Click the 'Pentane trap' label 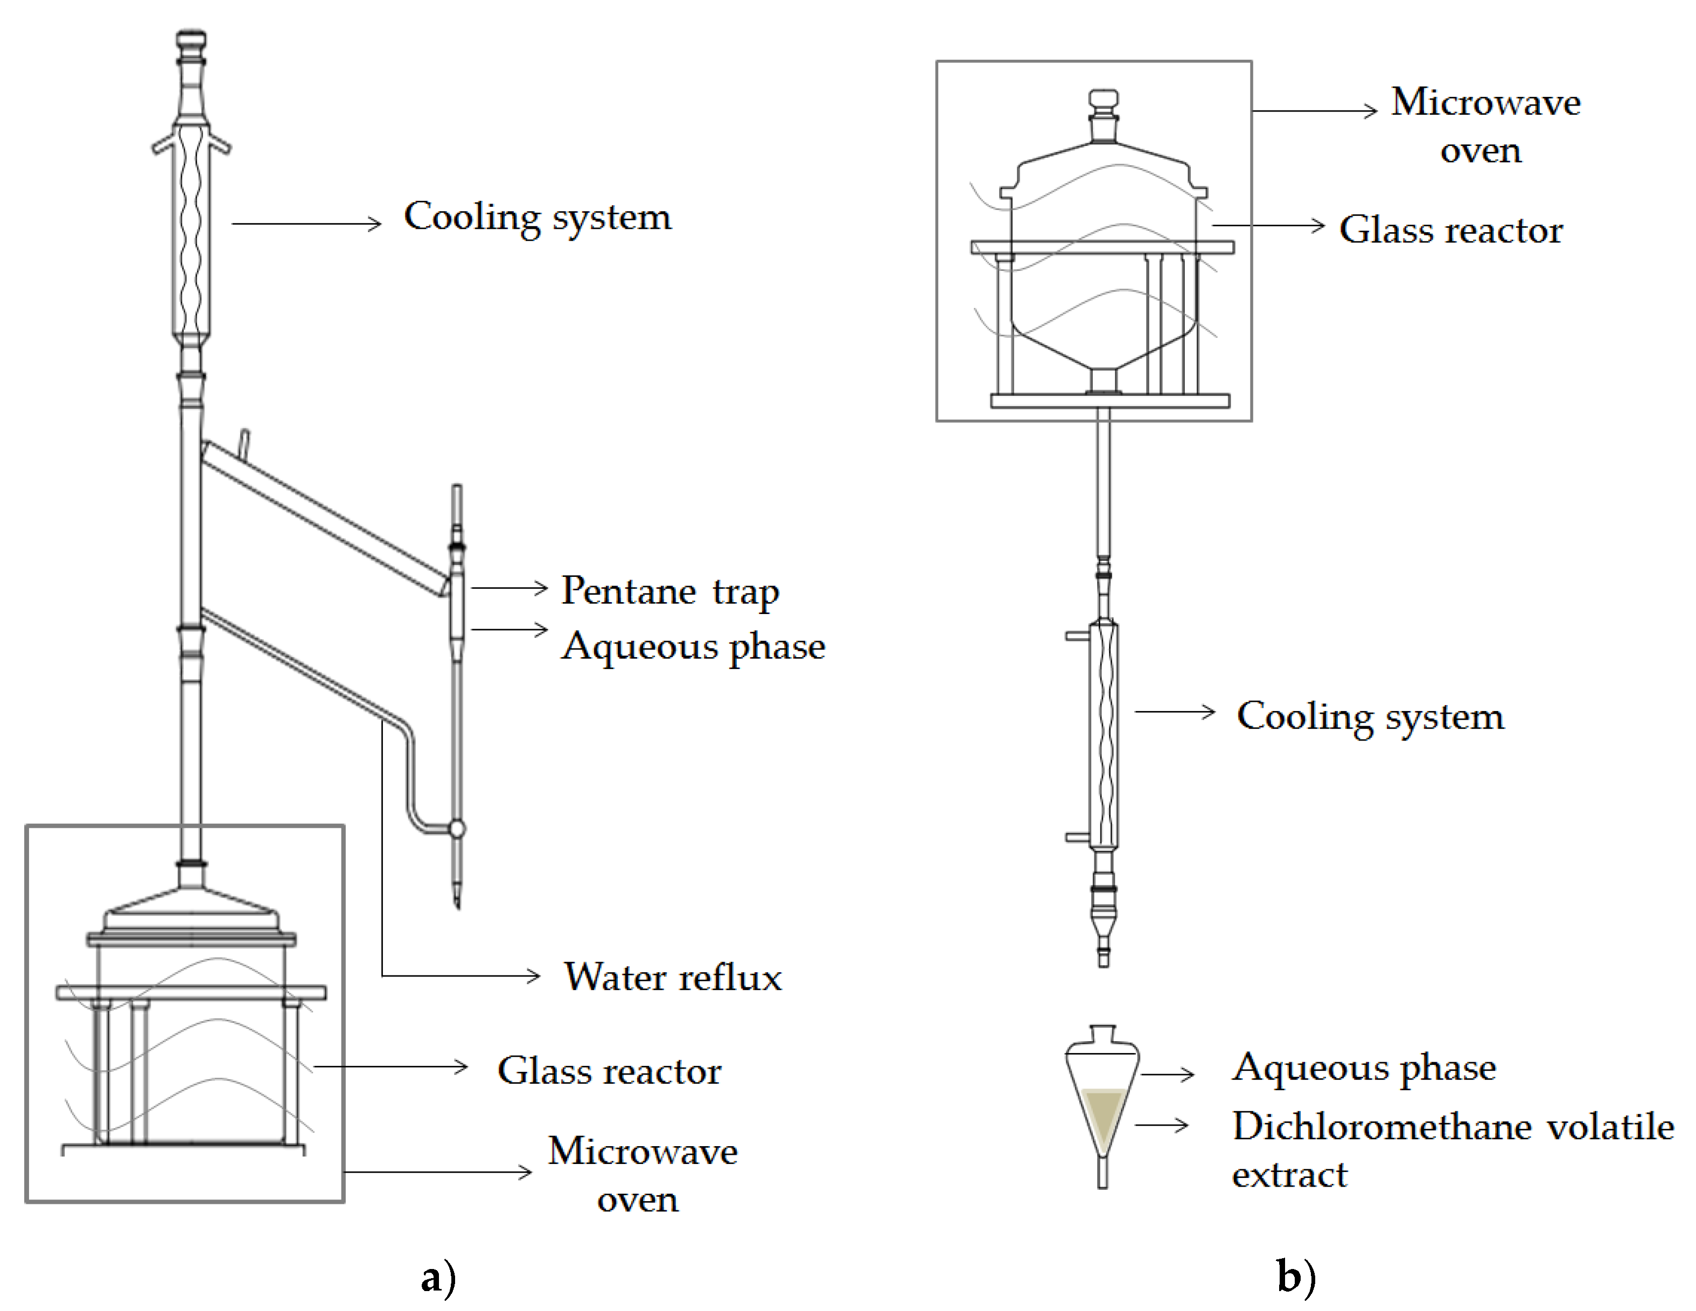[x=670, y=592]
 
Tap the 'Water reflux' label [x=673, y=977]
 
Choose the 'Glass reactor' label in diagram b [x=1450, y=230]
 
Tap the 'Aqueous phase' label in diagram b [x=1364, y=1069]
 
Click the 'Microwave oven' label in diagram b [x=1485, y=126]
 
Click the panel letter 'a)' [x=438, y=1278]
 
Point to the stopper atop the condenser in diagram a [x=191, y=47]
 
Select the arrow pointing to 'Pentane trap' [x=510, y=589]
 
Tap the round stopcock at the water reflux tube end [x=457, y=829]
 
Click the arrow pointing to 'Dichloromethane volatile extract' [x=1162, y=1125]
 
